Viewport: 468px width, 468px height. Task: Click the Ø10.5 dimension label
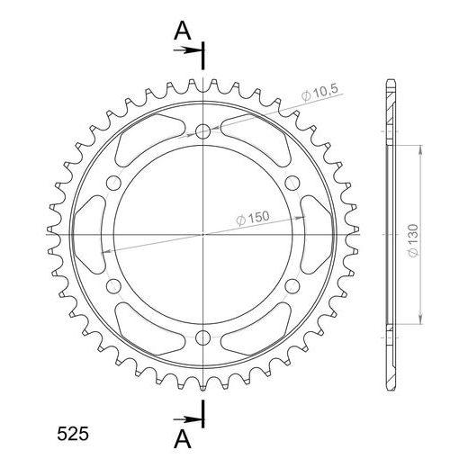319,93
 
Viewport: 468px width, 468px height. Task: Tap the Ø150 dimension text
253,218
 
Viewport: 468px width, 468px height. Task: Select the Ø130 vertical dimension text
413,240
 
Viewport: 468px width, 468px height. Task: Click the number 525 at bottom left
73,434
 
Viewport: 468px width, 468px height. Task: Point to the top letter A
183,31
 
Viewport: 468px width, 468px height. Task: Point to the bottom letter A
183,438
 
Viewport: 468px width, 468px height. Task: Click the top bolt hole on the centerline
202,130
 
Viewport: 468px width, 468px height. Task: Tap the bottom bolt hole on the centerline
202,337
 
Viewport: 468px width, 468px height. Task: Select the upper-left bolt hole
113,183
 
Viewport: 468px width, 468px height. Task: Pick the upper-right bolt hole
292,183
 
